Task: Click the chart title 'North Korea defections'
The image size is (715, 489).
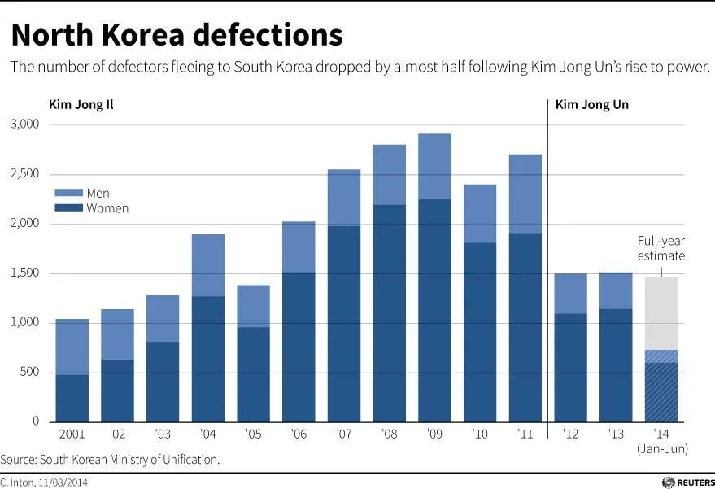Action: [177, 35]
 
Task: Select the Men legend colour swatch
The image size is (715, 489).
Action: [68, 194]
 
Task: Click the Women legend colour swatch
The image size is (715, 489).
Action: [68, 208]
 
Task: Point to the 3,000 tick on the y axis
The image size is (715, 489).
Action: [24, 124]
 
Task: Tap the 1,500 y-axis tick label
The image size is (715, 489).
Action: [24, 273]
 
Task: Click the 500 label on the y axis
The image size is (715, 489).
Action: [29, 373]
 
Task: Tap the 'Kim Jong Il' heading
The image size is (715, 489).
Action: [81, 105]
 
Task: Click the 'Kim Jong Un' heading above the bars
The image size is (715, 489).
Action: [591, 105]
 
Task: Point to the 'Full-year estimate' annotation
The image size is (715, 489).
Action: [661, 249]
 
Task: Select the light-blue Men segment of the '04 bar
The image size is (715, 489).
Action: [207, 265]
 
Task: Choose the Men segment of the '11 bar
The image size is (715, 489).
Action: [525, 194]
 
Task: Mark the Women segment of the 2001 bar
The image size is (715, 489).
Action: [72, 398]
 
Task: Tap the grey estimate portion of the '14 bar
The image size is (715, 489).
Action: [661, 313]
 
